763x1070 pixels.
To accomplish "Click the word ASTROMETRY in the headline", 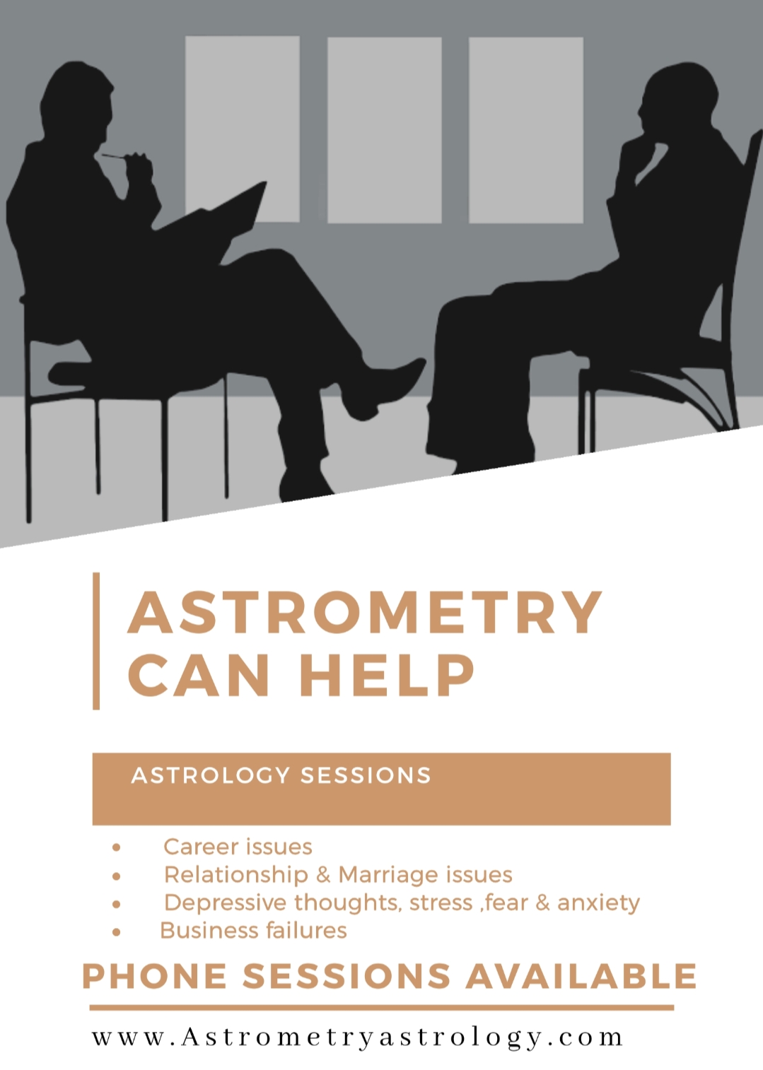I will [364, 613].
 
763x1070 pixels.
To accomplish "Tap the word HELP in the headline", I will [387, 675].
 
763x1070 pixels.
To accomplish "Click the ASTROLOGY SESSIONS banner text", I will [281, 775].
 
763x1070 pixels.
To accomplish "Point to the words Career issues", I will [238, 847].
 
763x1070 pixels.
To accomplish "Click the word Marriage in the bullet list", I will [383, 875].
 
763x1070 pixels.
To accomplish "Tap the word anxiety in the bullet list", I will [598, 903].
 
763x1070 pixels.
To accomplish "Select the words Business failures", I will [253, 930].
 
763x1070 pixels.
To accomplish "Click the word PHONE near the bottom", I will [155, 976].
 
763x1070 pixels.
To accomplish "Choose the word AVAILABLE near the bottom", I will [581, 976].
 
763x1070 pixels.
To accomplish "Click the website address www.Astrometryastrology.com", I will [358, 1037].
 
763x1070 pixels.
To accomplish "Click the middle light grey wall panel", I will [384, 129].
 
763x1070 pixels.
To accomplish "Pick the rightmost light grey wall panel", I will [525, 129].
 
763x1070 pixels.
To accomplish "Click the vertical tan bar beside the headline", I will [96, 640].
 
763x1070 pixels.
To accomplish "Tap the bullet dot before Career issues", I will [116, 847].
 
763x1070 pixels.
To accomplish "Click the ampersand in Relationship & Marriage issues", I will [323, 875].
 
